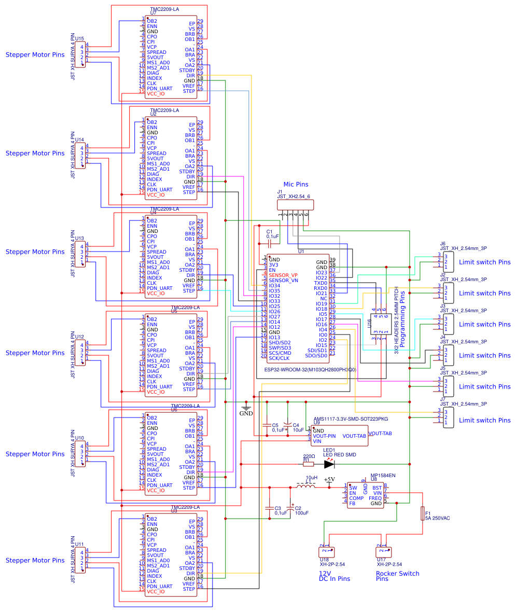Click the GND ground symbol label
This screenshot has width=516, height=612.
[x=246, y=413]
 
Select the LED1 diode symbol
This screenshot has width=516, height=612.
[x=329, y=464]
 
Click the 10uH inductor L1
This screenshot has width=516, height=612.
[x=305, y=487]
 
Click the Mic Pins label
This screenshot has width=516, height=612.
[x=296, y=184]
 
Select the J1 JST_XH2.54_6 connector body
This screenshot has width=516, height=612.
[x=296, y=206]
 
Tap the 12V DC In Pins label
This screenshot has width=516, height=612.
[x=334, y=576]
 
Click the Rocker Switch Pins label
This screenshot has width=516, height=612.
[x=397, y=576]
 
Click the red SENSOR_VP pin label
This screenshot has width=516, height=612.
[x=283, y=275]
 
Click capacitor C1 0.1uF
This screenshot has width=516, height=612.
[x=269, y=243]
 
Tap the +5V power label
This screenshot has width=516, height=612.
[x=329, y=480]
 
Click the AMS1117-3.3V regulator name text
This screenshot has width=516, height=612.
[x=351, y=419]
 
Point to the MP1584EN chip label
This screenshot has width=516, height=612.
[x=383, y=475]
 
